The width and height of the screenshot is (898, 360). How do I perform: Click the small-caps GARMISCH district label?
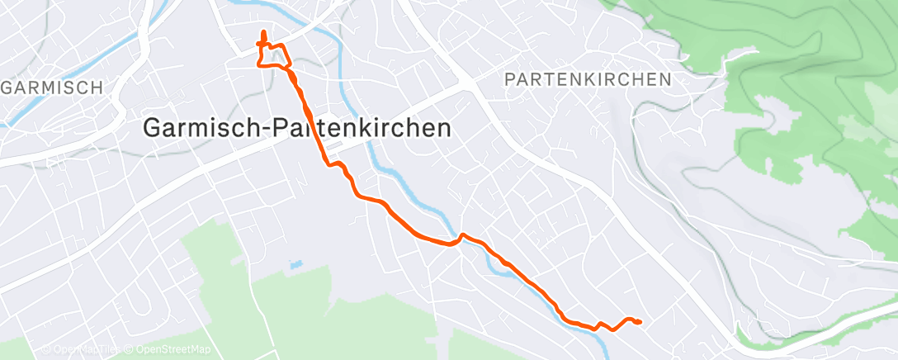pos(53,88)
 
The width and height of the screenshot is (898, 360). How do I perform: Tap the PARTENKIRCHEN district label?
pos(587,79)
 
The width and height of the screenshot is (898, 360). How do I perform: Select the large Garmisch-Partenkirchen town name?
pos(297,128)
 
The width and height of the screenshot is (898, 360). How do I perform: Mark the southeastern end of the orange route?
pos(640,322)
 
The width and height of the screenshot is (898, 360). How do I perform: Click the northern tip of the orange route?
pos(263,32)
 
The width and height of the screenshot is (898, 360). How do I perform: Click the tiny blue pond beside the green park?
pos(294,266)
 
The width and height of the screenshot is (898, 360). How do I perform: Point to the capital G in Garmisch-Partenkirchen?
pos(154,128)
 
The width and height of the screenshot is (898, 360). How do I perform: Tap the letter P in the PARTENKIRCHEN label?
pos(509,79)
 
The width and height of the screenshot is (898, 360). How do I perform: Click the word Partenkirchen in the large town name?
pos(366,128)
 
